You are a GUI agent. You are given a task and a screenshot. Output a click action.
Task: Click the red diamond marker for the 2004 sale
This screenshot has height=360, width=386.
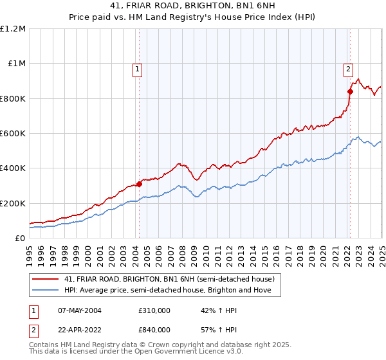139,184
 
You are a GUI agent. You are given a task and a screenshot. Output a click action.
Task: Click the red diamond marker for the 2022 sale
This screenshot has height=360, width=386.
350,91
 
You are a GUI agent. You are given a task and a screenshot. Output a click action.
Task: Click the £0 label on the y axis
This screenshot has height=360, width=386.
19,238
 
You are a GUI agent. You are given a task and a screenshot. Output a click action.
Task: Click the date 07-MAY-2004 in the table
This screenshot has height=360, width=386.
78,310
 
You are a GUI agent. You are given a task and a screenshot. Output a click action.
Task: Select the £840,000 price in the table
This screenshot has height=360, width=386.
154,330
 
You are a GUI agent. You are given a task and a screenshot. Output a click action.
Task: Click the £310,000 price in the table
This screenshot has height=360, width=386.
154,310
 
